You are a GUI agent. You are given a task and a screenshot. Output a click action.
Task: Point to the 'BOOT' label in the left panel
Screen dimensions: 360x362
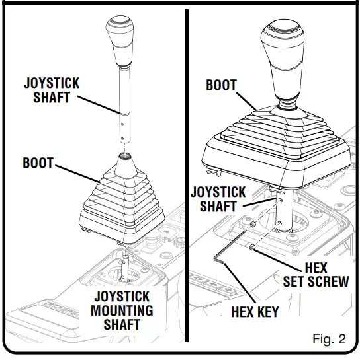[39, 162]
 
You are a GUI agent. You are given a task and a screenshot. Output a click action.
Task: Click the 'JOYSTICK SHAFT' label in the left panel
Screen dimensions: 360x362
[52, 90]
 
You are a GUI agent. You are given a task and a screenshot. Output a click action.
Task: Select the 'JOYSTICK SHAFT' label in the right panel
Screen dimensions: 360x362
[218, 199]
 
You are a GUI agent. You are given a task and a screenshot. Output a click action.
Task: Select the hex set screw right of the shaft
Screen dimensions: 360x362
[253, 248]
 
